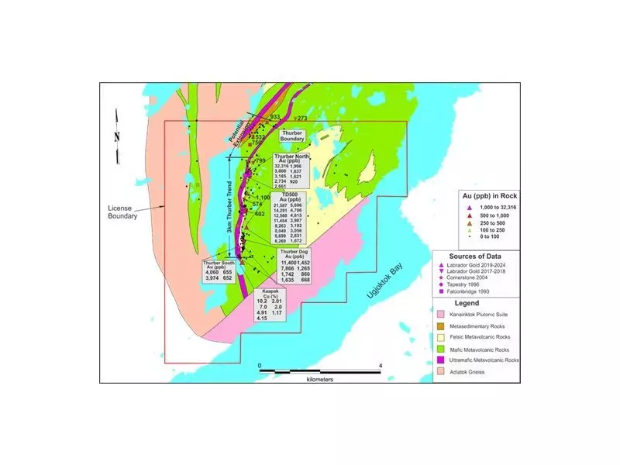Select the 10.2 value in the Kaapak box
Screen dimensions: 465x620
[264, 299]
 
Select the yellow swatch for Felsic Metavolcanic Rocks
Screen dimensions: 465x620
[440, 338]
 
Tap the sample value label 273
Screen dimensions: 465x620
[302, 118]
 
